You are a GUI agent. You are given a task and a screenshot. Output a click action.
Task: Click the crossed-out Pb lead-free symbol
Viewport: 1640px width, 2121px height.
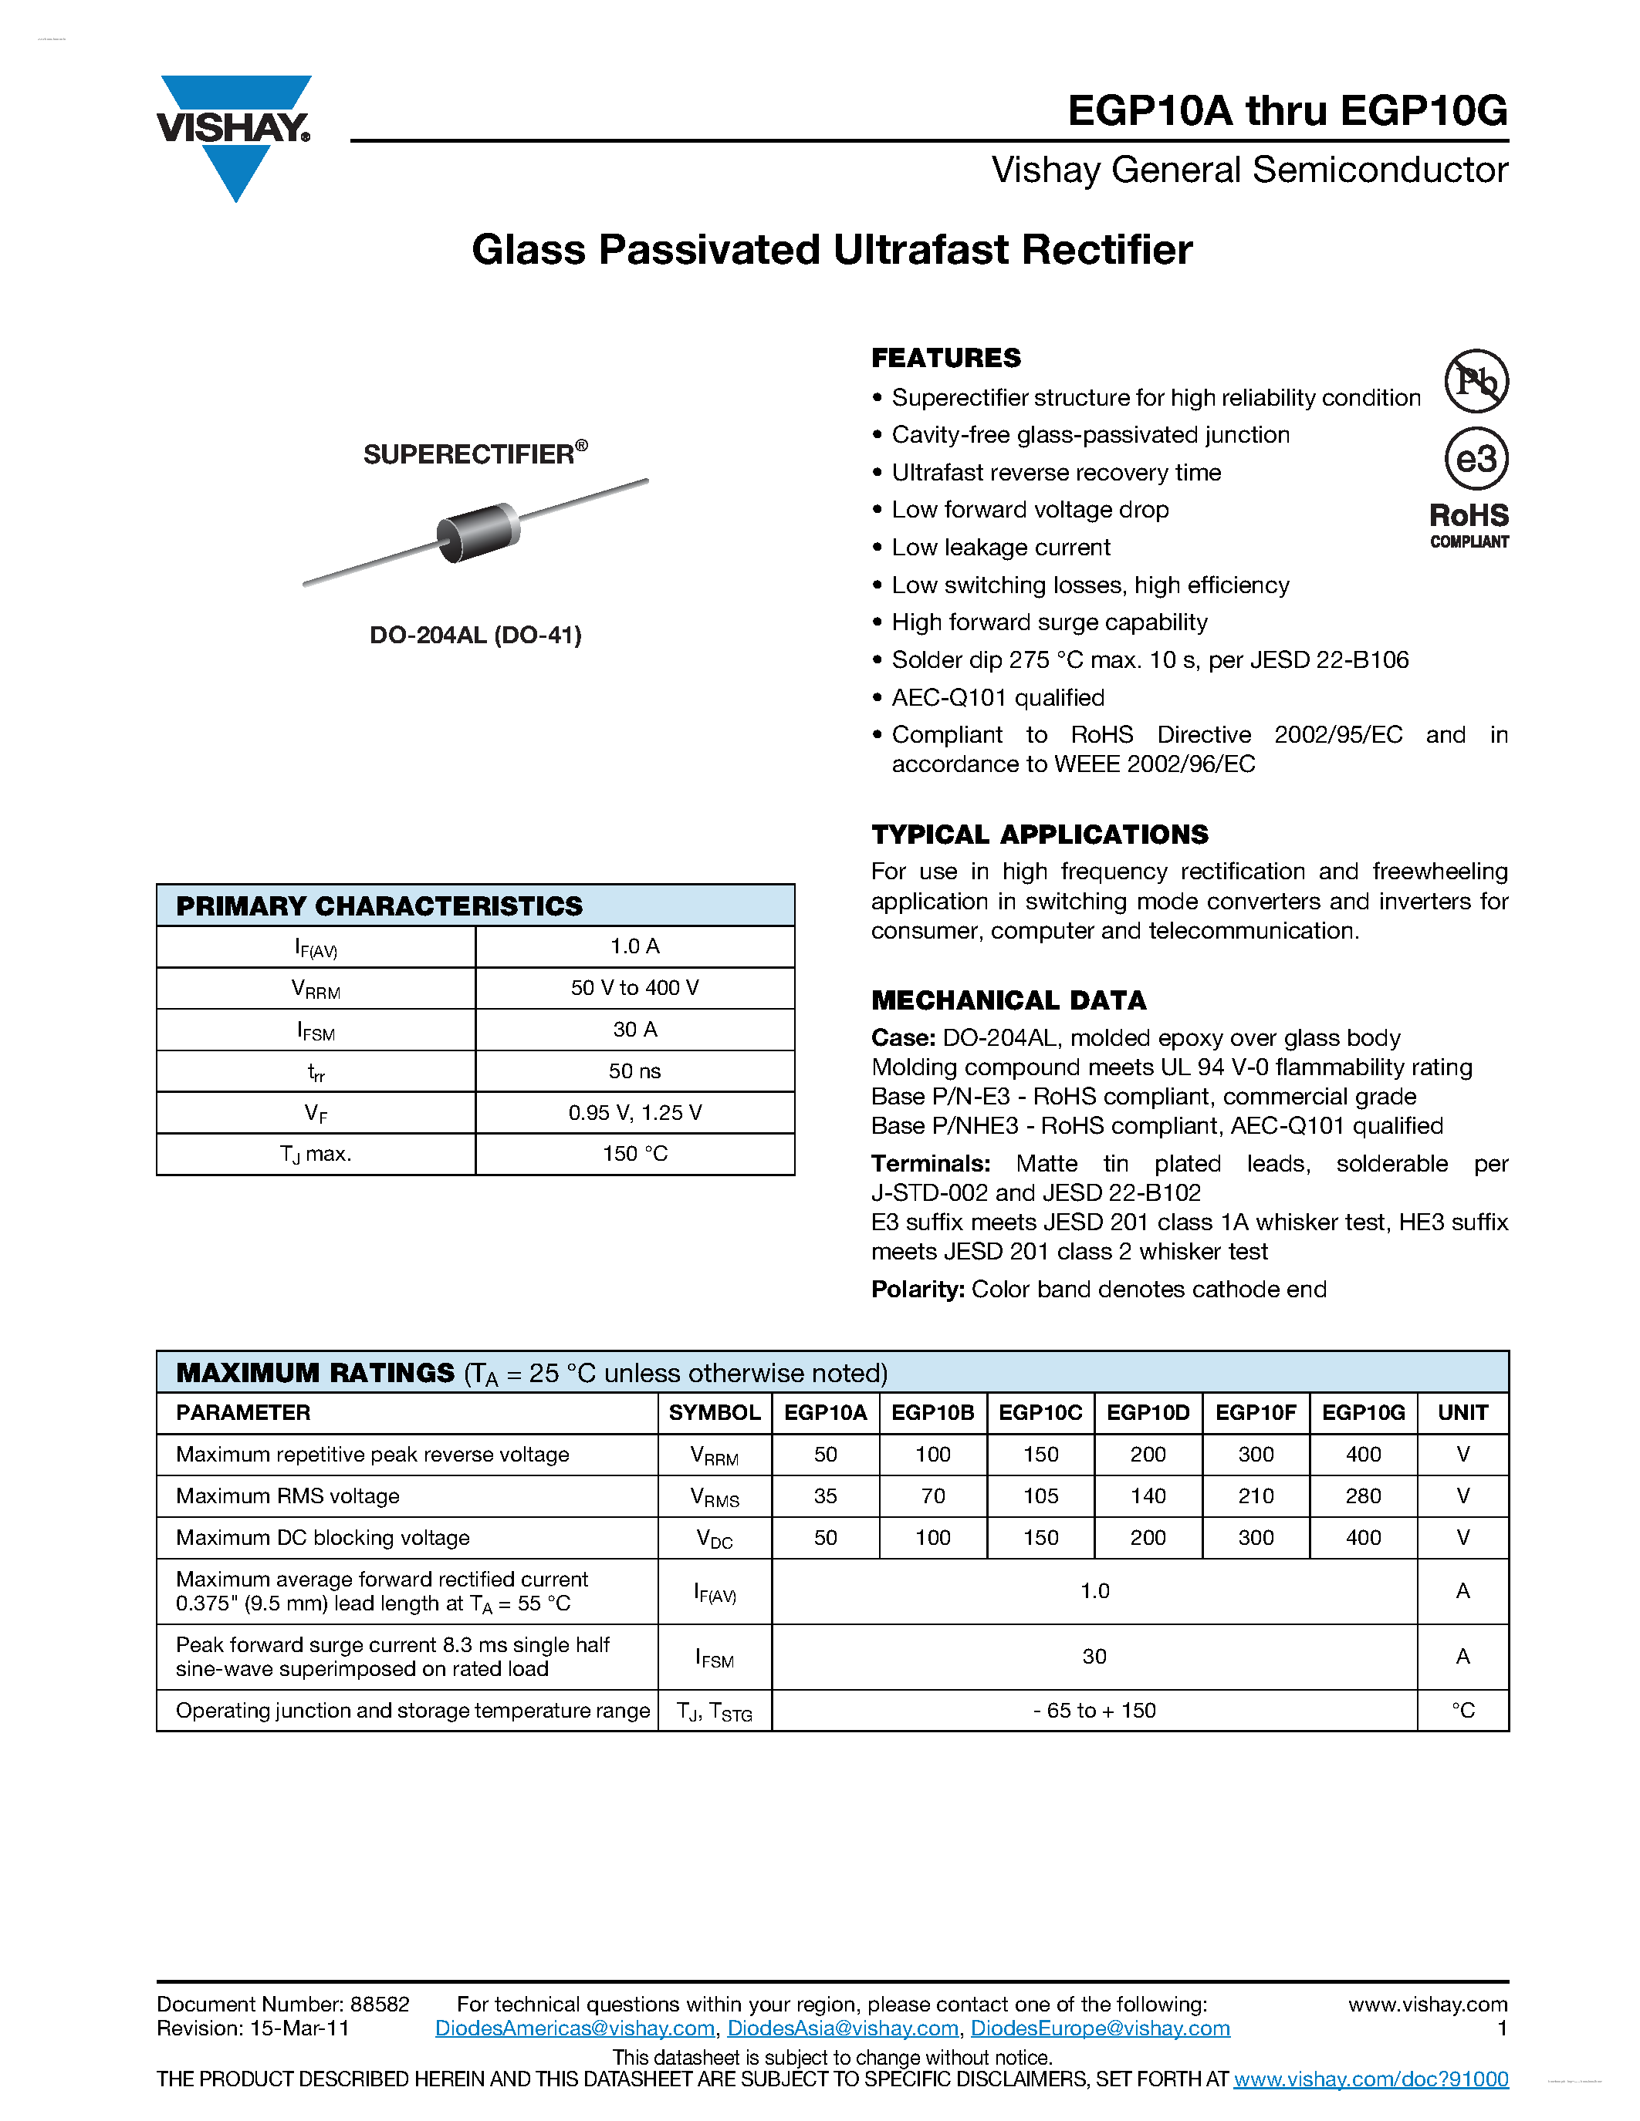[x=1476, y=381]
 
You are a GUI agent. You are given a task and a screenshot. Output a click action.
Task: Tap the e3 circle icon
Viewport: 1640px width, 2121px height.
[x=1476, y=458]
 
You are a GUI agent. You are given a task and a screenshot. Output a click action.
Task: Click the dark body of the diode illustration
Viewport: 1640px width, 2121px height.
[x=478, y=532]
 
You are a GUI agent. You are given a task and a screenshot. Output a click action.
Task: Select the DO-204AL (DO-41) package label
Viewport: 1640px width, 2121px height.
[x=475, y=635]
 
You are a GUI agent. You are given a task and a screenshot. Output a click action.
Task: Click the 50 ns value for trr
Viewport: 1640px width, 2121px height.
[x=634, y=1071]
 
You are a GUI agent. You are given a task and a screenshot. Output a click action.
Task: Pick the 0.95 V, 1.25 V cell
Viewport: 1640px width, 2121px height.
[x=634, y=1113]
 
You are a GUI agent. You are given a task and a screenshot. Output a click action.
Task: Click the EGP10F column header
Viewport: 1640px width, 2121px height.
[x=1255, y=1413]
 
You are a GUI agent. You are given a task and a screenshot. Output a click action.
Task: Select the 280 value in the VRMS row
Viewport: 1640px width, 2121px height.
[x=1363, y=1496]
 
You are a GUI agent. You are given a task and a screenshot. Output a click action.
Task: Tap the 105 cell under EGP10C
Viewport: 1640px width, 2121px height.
[x=1040, y=1496]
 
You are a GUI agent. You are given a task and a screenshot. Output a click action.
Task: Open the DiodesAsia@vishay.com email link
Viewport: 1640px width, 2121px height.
[x=842, y=2028]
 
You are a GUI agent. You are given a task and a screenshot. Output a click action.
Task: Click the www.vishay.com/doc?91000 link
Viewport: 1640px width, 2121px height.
[x=1370, y=2079]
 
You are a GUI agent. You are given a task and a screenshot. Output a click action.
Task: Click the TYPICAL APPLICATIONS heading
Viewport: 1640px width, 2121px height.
[x=1040, y=835]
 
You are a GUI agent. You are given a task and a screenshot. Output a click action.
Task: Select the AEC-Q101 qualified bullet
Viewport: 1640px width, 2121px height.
[x=998, y=697]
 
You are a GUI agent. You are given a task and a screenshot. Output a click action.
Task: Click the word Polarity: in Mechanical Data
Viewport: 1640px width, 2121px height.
[x=917, y=1289]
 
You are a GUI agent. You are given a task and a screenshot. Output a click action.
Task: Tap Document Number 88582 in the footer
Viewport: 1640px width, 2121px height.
[x=282, y=2005]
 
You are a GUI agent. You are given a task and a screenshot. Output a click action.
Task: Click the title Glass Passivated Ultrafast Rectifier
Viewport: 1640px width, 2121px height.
[x=832, y=250]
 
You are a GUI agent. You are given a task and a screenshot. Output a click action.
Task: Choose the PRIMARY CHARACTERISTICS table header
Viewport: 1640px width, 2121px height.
[x=379, y=906]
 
